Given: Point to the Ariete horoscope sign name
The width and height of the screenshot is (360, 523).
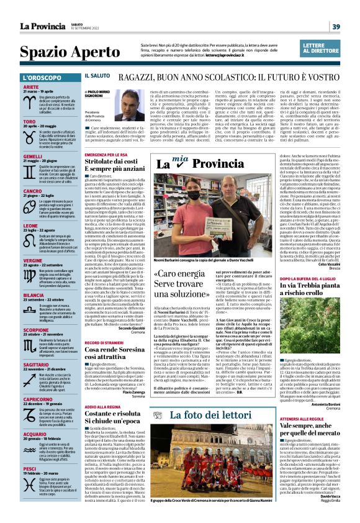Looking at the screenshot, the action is tap(30, 88).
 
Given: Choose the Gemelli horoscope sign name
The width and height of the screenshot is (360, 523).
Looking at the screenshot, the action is tap(33, 155).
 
